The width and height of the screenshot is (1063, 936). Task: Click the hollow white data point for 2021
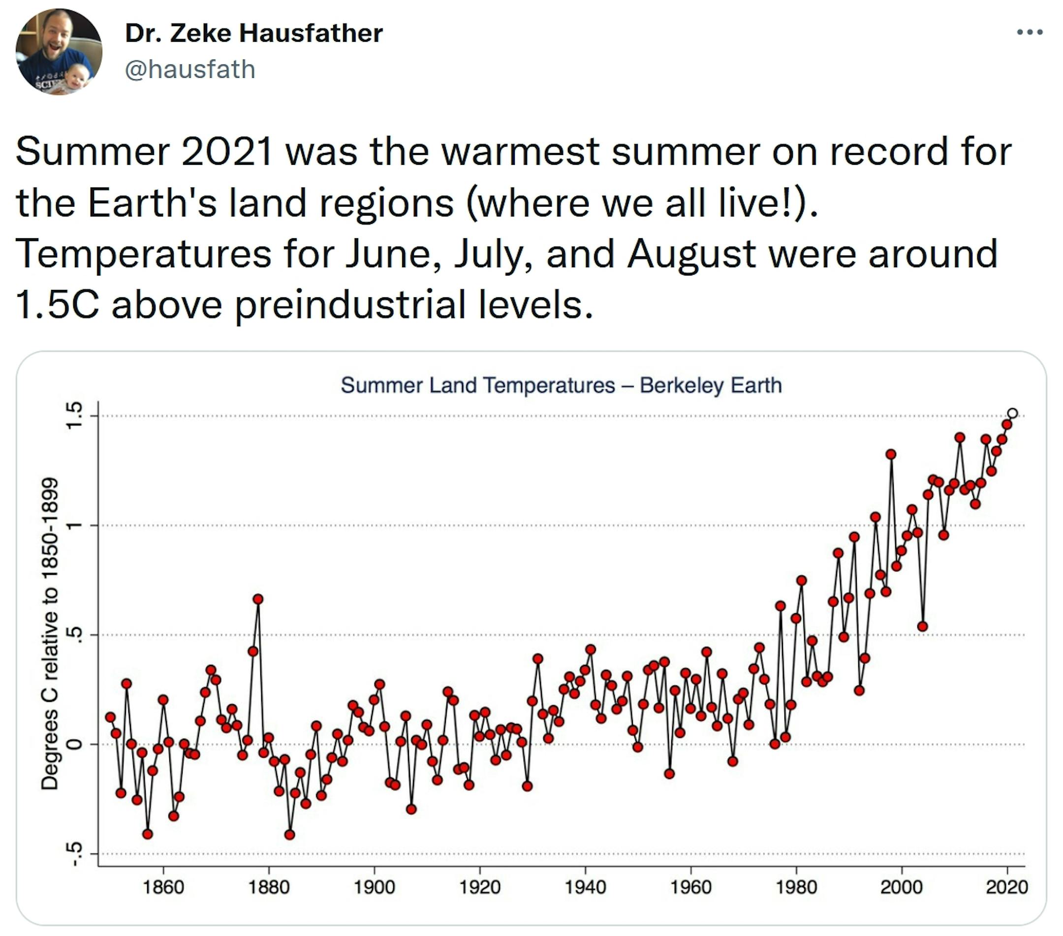click(x=1012, y=413)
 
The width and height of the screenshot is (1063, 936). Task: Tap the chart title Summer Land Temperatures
click(x=561, y=385)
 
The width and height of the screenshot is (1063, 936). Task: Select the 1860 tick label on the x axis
click(x=163, y=887)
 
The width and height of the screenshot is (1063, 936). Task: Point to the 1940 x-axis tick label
click(x=585, y=887)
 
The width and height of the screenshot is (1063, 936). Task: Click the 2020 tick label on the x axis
click(x=1007, y=887)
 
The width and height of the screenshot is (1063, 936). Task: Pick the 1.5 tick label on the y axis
click(x=75, y=416)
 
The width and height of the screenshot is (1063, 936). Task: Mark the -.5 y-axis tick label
click(x=75, y=854)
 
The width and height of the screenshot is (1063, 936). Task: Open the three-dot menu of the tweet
click(x=1030, y=32)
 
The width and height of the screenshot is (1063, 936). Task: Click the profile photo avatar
click(x=59, y=52)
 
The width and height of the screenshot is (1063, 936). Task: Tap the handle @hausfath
click(x=190, y=70)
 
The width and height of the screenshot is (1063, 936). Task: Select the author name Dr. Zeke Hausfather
click(x=254, y=33)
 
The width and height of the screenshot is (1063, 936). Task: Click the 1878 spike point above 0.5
click(x=258, y=599)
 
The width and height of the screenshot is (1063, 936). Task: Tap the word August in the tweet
click(x=691, y=254)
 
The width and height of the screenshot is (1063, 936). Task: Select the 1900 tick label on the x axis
click(x=375, y=887)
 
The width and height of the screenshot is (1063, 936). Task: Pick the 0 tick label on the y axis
click(x=75, y=744)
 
